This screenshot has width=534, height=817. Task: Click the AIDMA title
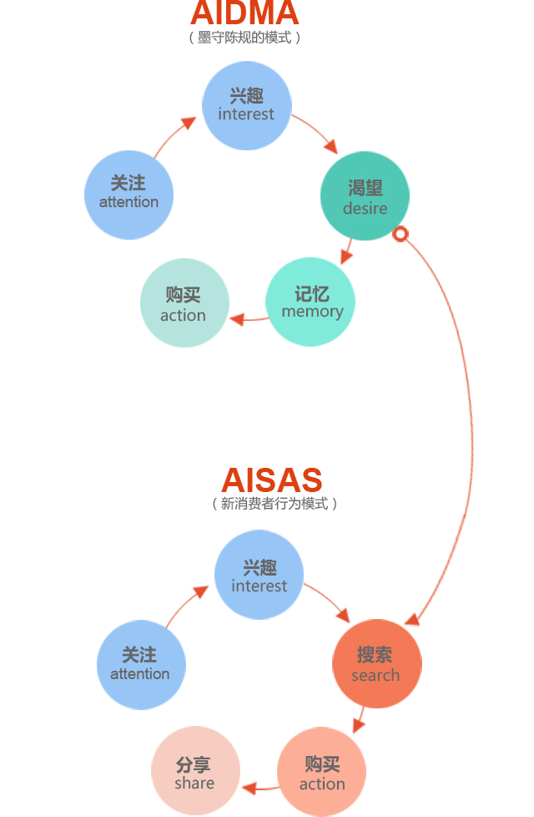click(x=244, y=13)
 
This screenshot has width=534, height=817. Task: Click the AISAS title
click(x=272, y=480)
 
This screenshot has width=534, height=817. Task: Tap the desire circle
click(x=365, y=195)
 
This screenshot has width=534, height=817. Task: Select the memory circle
click(x=310, y=302)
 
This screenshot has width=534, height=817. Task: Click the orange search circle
click(x=376, y=663)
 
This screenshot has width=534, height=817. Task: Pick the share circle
click(x=195, y=771)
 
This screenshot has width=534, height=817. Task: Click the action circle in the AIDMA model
click(x=184, y=303)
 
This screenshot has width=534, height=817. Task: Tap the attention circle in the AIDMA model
click(x=128, y=194)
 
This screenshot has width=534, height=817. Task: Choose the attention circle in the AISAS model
click(x=140, y=665)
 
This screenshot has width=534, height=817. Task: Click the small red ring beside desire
click(x=400, y=234)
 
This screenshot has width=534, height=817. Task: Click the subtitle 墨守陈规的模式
click(x=244, y=38)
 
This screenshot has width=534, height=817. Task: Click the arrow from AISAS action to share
click(x=259, y=787)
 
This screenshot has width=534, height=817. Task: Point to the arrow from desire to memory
click(x=346, y=251)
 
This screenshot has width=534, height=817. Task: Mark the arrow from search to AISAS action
click(x=360, y=719)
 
